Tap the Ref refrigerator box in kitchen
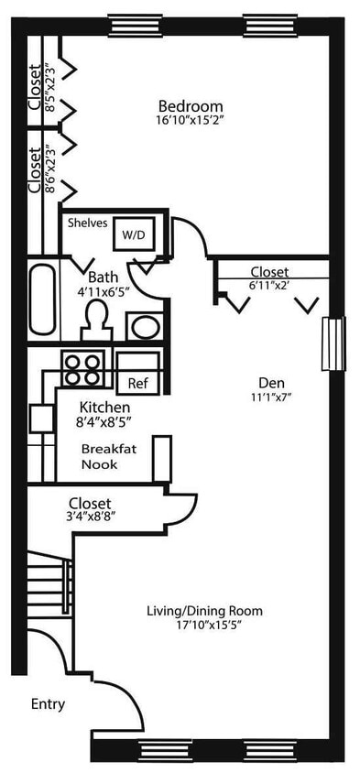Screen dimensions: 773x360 137,382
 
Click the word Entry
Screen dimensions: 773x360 48,703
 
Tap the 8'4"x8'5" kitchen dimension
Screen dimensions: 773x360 104,423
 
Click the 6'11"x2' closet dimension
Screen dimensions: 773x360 269,286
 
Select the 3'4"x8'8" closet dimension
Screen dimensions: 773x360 90,517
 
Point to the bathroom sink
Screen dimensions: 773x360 142,325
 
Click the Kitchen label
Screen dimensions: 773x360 104,408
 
